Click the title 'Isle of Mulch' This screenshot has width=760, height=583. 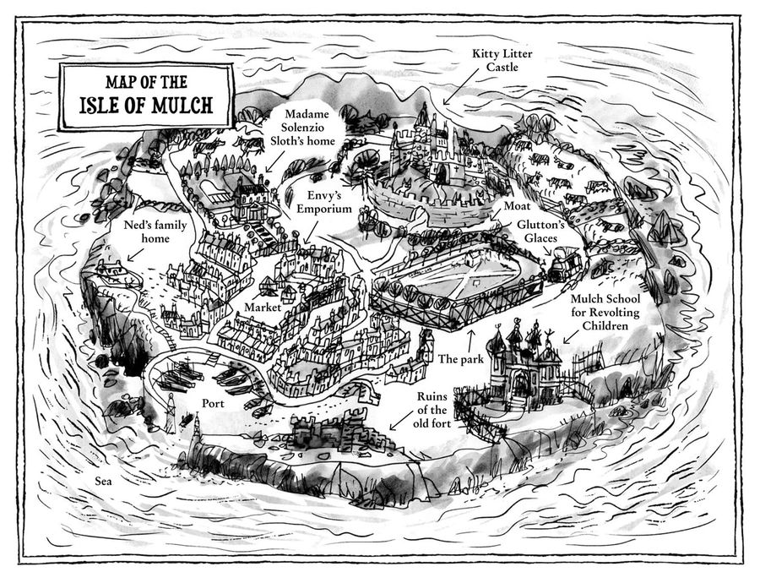[146, 105]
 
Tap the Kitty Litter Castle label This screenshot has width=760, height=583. [502, 60]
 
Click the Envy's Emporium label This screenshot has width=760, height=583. [323, 202]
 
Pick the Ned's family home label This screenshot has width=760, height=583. [155, 232]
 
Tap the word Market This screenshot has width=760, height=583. [263, 308]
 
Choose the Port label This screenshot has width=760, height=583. [213, 403]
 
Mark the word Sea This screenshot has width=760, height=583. [103, 481]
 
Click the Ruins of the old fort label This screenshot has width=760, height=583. [432, 410]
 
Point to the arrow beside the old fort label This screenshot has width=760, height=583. [401, 421]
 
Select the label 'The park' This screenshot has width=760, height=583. [461, 359]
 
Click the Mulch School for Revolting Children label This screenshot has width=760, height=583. [605, 312]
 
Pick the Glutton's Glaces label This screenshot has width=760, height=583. [540, 232]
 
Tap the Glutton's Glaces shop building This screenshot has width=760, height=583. [565, 264]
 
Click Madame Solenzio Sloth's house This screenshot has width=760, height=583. [251, 201]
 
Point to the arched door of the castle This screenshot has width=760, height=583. [441, 174]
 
